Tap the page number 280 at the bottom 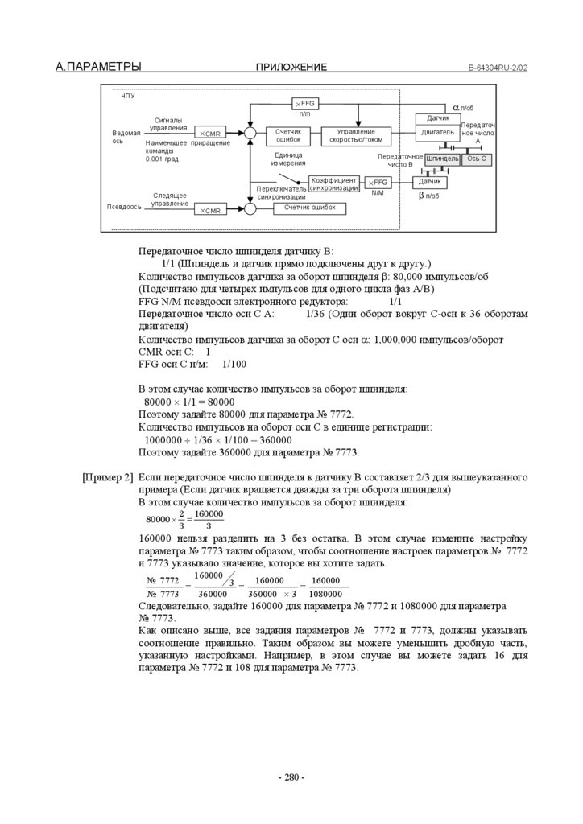click(291, 777)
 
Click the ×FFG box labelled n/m click(305, 104)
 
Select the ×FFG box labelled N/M click(378, 183)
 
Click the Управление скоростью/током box click(356, 135)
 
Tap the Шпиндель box click(442, 159)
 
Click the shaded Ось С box click(477, 159)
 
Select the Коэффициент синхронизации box click(333, 183)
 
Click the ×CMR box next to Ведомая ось click(210, 133)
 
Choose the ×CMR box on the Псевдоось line click(210, 210)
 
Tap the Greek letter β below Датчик click(420, 196)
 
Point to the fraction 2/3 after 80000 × click(182, 520)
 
